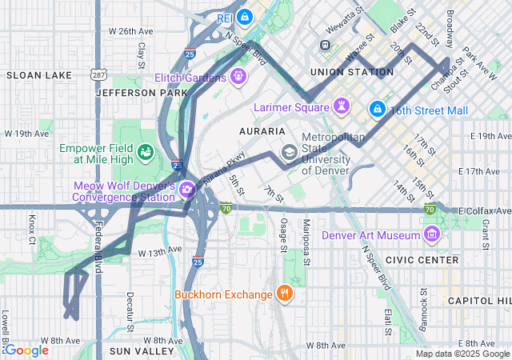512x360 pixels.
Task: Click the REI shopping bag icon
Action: coord(246,16)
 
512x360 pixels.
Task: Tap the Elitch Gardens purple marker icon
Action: coord(237,78)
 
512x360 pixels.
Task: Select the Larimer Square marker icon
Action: coord(342,106)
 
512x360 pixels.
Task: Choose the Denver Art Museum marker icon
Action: coord(432,234)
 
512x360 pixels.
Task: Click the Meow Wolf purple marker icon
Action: coord(186,190)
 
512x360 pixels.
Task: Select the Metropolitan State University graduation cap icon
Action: coord(288,152)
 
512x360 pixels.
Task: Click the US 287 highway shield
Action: coord(96,74)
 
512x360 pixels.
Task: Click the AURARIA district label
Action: coord(262,130)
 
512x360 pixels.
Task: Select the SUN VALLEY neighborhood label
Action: coord(142,350)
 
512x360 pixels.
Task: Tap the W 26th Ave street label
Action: coord(130,31)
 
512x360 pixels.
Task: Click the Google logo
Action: coord(26,350)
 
